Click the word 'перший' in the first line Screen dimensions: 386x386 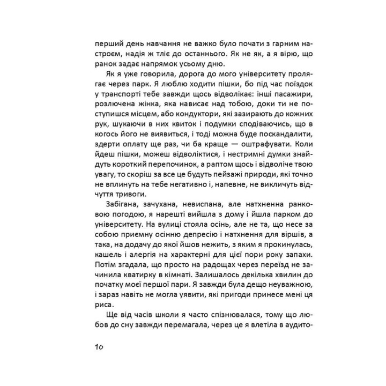tap(106, 42)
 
